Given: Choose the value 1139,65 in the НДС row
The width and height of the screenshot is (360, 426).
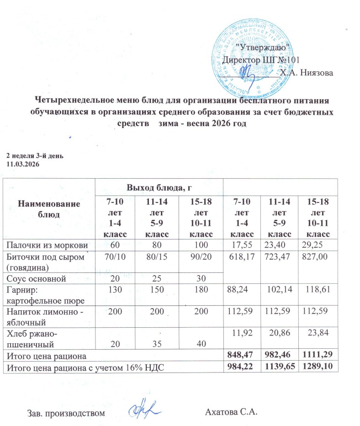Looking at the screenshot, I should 277,367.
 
